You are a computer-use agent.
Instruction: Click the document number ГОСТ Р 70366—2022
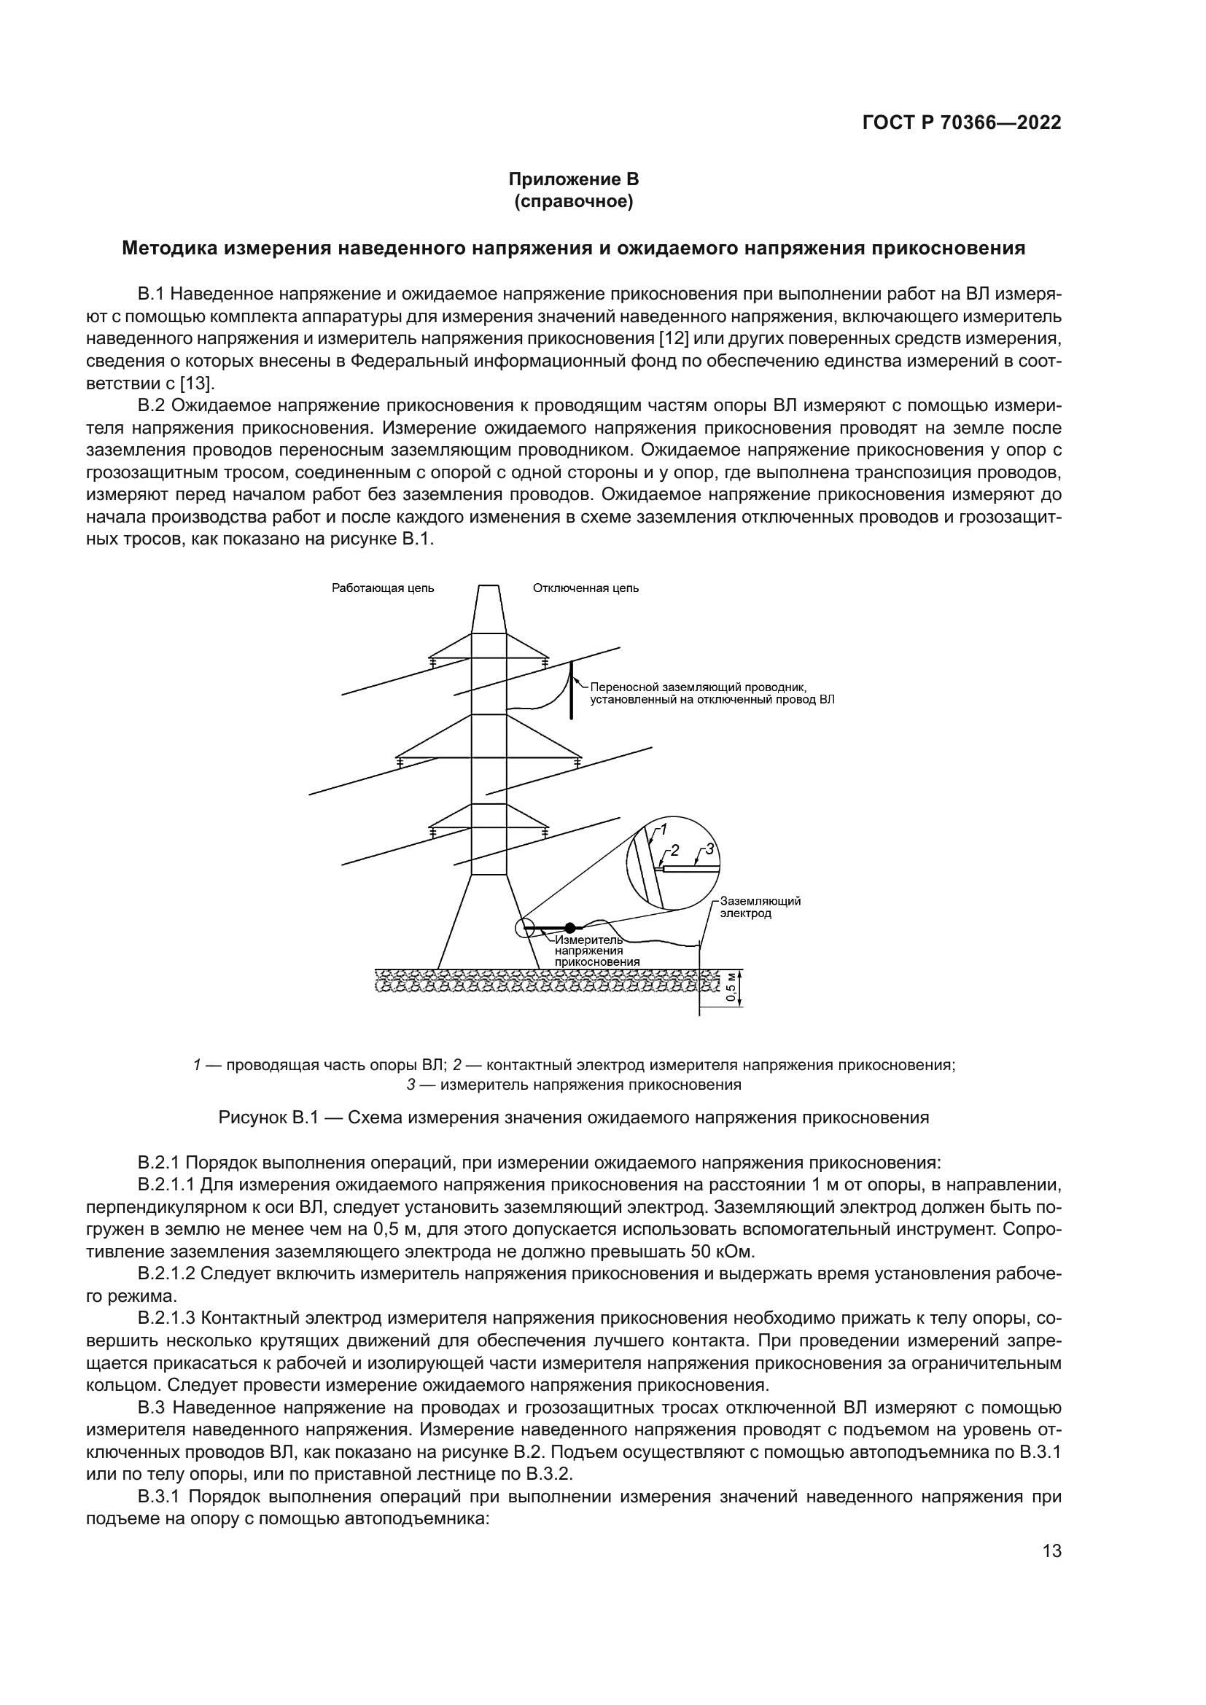962,122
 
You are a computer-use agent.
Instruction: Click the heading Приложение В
573,180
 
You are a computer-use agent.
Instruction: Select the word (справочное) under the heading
573,201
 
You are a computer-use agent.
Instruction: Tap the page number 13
1051,1550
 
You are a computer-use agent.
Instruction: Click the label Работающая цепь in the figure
383,588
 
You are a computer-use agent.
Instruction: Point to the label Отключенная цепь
586,588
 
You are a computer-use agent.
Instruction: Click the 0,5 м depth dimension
731,988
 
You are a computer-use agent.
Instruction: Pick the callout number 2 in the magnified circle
674,850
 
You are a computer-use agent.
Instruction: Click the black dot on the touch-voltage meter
569,927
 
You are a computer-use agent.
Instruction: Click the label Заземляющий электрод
760,907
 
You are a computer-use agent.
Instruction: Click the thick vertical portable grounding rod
571,690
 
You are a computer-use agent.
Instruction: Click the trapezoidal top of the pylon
488,609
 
